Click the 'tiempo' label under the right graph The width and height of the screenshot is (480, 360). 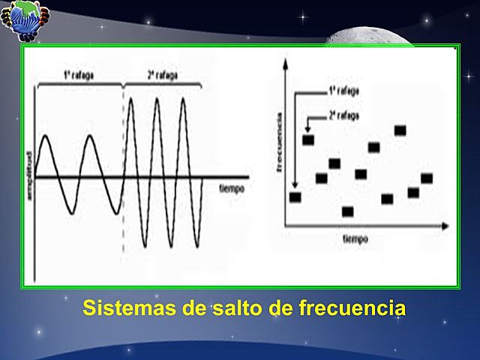click(x=357, y=239)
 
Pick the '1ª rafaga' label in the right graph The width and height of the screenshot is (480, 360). click(x=343, y=91)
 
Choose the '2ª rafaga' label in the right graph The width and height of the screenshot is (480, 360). click(x=343, y=116)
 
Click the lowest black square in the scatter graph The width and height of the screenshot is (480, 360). click(x=347, y=211)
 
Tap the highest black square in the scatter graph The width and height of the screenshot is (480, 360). click(x=400, y=130)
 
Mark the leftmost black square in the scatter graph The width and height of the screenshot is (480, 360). click(x=295, y=197)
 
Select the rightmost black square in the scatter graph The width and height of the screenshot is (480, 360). click(x=427, y=178)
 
